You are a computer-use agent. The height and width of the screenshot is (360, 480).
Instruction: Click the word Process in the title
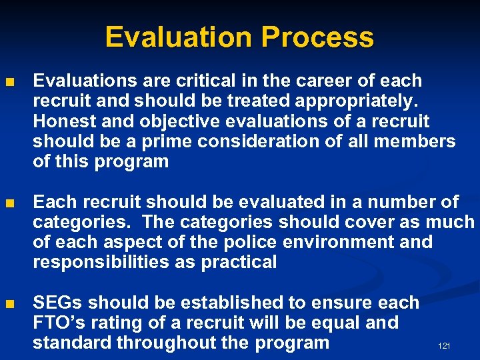(317, 37)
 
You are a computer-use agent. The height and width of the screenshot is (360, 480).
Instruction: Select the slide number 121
(444, 346)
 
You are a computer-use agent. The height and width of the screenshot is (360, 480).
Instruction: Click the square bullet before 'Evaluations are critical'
(9, 82)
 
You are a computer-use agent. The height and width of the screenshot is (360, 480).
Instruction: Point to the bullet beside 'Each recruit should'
(9, 203)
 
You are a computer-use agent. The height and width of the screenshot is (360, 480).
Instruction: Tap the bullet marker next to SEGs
(9, 303)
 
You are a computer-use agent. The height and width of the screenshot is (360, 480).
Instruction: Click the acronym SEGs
(58, 303)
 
